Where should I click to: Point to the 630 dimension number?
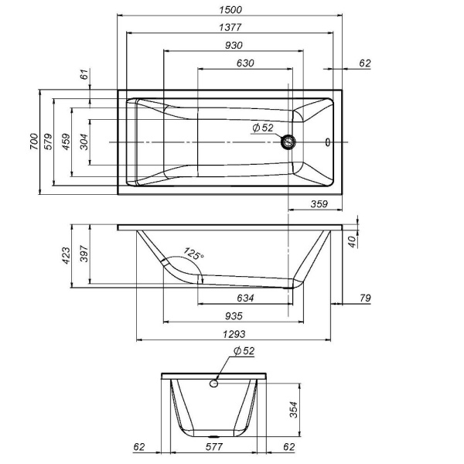245,63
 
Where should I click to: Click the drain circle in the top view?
290,142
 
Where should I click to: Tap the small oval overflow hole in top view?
328,142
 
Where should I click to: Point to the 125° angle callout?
193,254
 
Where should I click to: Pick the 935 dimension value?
235,316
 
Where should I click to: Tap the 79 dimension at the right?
365,298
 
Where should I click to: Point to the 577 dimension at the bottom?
214,446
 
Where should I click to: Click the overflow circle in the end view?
214,383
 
